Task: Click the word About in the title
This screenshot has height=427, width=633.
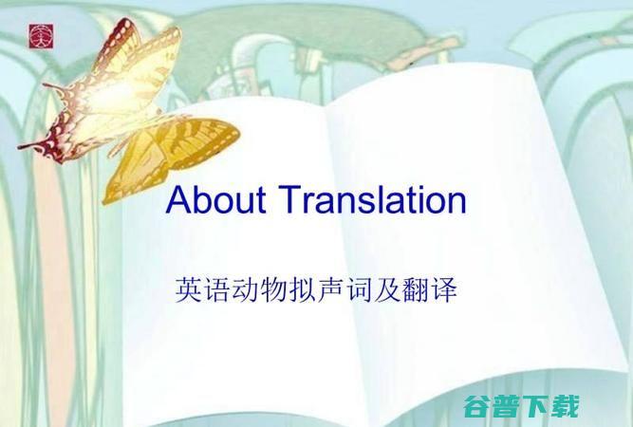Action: coord(214,201)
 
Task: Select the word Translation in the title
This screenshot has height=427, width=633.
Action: coord(371,201)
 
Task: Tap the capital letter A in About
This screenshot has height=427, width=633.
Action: coord(177,201)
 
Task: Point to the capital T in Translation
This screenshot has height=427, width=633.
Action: coord(288,201)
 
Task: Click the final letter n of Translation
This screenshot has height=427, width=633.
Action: coord(456,204)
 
